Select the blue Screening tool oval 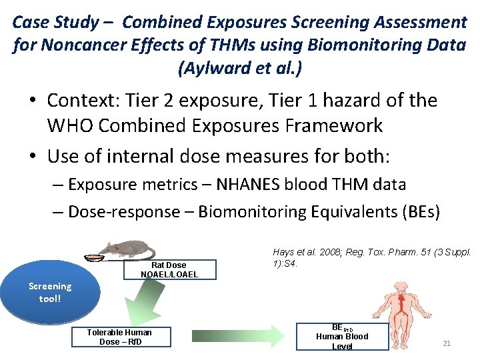pyautogui.click(x=50, y=292)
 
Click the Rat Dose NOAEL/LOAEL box pyautogui.click(x=169, y=269)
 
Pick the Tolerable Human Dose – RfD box pyautogui.click(x=119, y=337)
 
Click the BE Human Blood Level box pyautogui.click(x=342, y=336)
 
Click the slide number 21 pyautogui.click(x=447, y=343)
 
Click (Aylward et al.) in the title pyautogui.click(x=239, y=67)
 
